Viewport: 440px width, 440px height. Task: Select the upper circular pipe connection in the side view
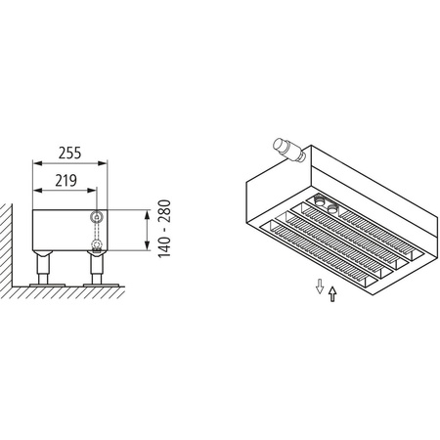[x=96, y=216]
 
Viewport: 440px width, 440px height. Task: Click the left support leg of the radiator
[x=45, y=267]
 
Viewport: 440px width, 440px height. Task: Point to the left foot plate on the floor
[x=45, y=284]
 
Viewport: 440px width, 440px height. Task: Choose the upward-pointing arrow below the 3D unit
[x=333, y=292]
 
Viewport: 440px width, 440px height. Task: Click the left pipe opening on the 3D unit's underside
[x=320, y=204]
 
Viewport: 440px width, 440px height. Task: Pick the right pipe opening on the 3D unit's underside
[x=334, y=208]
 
